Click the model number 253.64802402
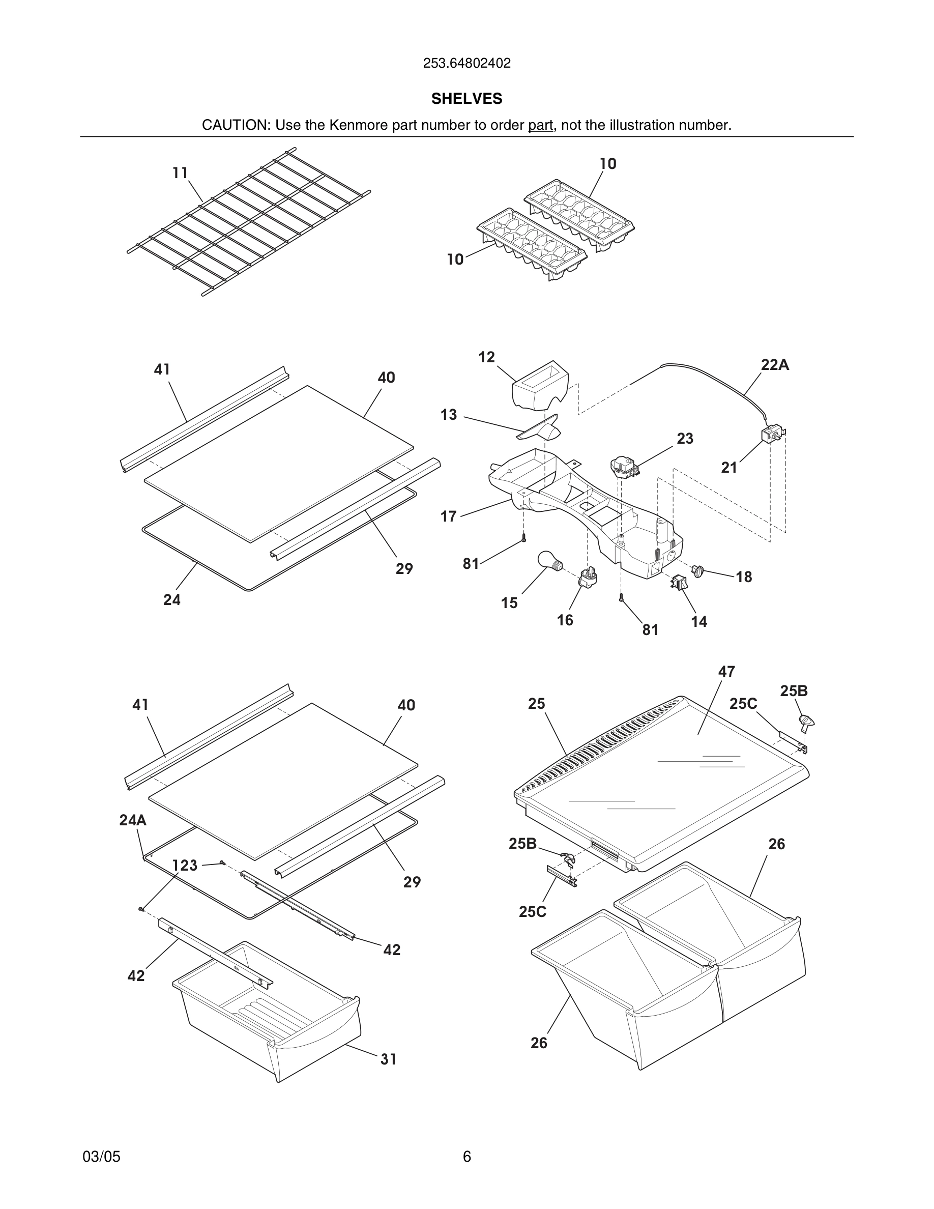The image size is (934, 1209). coord(466,64)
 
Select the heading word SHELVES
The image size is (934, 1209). coord(466,99)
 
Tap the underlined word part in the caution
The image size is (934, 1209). coord(540,125)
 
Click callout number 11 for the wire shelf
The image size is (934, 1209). coord(180,174)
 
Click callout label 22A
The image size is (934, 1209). coord(775,365)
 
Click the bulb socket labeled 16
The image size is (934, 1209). coord(588,578)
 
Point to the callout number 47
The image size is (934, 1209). coord(726,672)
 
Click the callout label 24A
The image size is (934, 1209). coord(133,820)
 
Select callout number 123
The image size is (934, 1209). coord(184,865)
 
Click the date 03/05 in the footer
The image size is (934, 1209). coord(101,1157)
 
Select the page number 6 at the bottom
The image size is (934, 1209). coord(466,1157)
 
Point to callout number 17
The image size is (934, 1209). coord(448,516)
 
